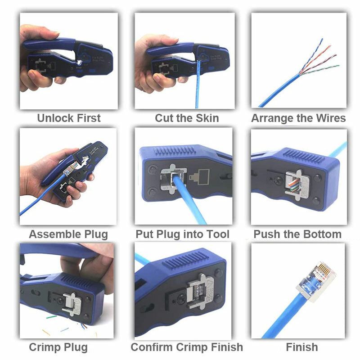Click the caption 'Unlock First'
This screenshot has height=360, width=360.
[68, 118]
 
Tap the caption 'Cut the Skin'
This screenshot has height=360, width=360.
[187, 118]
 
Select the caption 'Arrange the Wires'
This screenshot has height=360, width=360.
[298, 118]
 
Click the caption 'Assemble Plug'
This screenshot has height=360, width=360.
[68, 234]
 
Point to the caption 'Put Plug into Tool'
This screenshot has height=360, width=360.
[183, 234]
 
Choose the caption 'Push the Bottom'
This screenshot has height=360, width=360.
[297, 234]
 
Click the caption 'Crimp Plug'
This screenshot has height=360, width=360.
[58, 347]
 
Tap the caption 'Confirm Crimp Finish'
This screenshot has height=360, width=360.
[187, 347]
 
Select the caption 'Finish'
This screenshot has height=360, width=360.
[302, 347]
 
